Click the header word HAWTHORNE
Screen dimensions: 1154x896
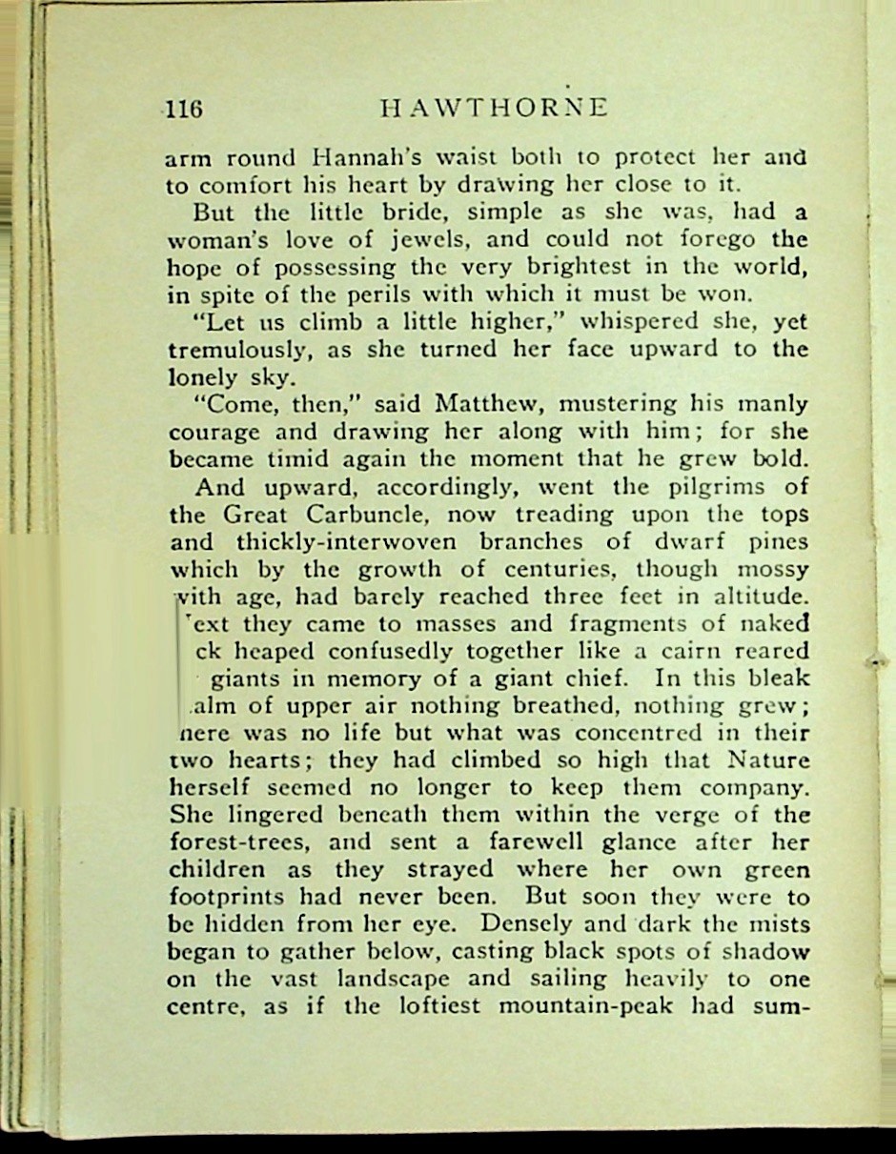493,108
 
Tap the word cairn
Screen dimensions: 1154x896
698,653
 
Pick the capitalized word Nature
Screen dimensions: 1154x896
768,761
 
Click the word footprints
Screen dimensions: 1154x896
228,898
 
